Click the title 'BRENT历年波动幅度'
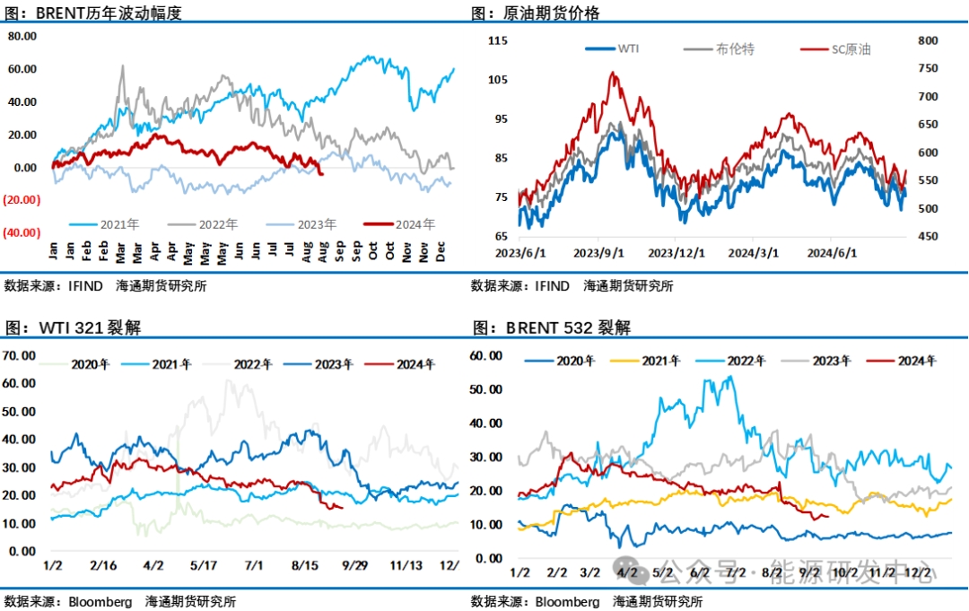108,13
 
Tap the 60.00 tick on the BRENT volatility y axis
22,69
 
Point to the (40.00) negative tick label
21,232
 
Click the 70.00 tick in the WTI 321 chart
20,355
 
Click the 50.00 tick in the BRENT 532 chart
484,389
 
